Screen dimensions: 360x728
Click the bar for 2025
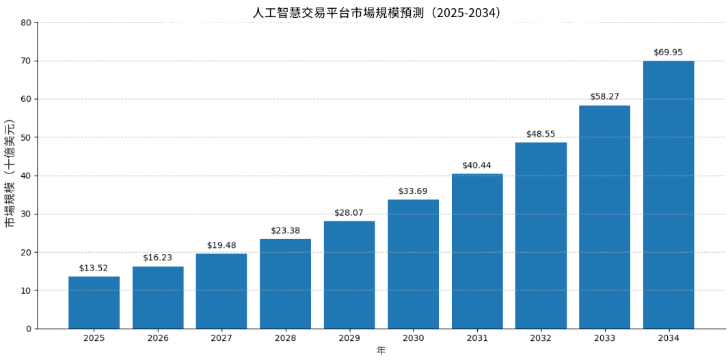click(x=94, y=303)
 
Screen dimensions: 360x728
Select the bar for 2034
click(x=669, y=195)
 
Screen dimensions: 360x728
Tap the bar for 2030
click(x=413, y=264)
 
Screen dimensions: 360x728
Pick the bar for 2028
click(x=285, y=283)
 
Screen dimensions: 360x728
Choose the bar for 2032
click(x=541, y=236)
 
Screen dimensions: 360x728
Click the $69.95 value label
click(x=668, y=53)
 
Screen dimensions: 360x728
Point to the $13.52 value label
click(x=94, y=268)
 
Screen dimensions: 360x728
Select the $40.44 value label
click(x=476, y=165)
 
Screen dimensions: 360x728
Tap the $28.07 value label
click(x=349, y=213)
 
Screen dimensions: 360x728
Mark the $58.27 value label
click(x=604, y=97)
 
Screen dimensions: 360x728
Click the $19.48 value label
click(x=221, y=246)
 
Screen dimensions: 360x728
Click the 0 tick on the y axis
click(x=29, y=329)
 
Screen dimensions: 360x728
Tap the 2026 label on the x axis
click(x=158, y=339)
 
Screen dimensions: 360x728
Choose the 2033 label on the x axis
click(x=604, y=339)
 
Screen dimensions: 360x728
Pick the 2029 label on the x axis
click(x=349, y=339)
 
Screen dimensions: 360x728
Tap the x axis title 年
click(x=381, y=350)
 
